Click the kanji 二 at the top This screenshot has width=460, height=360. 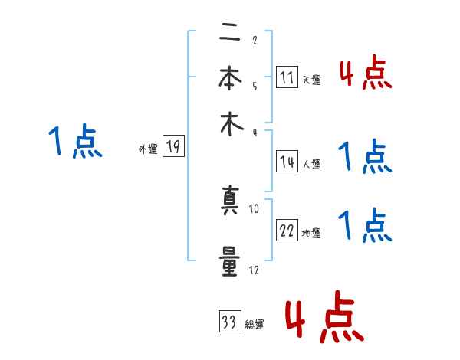pyautogui.click(x=228, y=35)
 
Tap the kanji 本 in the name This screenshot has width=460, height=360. pyautogui.click(x=228, y=80)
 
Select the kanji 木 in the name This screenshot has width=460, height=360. pyautogui.click(x=228, y=124)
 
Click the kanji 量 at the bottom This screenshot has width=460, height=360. pyautogui.click(x=228, y=257)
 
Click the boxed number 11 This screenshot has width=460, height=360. pyautogui.click(x=287, y=77)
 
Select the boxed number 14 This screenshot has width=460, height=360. pyautogui.click(x=287, y=162)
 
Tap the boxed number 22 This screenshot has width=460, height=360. pyautogui.click(x=287, y=231)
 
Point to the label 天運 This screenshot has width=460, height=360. pyautogui.click(x=311, y=80)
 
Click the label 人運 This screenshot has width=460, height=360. pyautogui.click(x=311, y=164)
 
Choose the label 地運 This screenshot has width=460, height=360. pyautogui.click(x=311, y=233)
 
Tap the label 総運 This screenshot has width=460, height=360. pyautogui.click(x=255, y=324)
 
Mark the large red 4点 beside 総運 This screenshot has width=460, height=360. pyautogui.click(x=324, y=316)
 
